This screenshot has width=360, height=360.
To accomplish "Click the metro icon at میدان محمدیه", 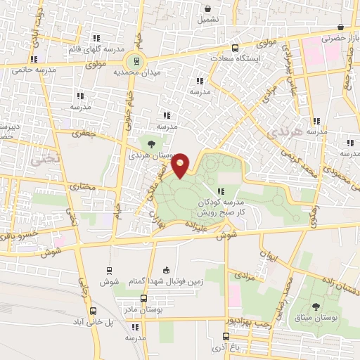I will point(139,60).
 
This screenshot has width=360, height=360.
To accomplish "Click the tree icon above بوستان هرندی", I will point(151,144).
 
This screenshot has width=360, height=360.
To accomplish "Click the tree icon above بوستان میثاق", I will point(314,306).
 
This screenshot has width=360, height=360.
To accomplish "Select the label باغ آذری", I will point(270,345).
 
